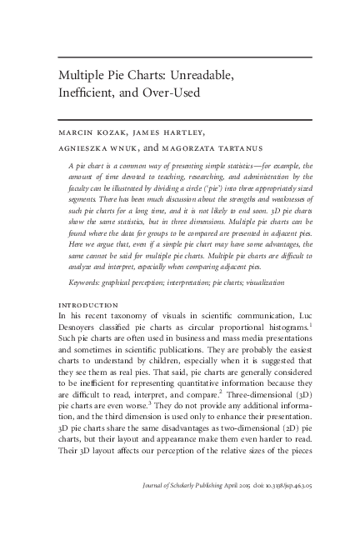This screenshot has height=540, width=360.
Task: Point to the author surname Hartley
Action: [187, 131]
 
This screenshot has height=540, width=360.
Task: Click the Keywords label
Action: [86, 283]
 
